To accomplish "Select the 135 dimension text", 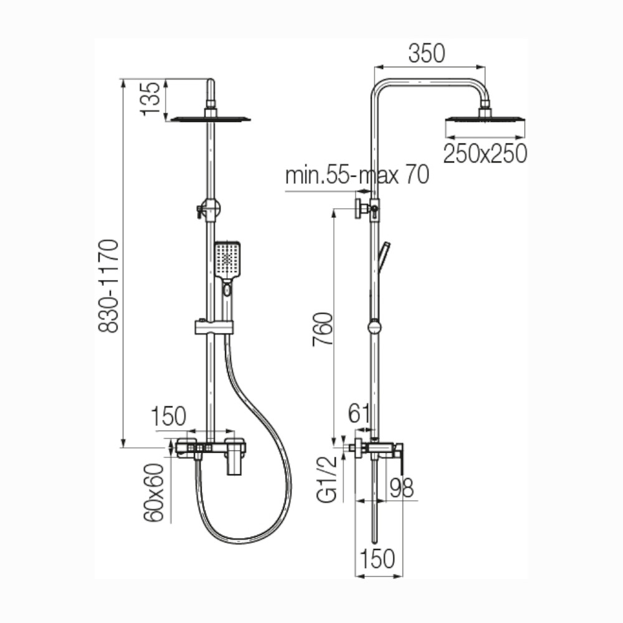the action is pos(151,99).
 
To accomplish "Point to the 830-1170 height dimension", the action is pos(108,286).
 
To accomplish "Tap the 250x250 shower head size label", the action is pos(485,154).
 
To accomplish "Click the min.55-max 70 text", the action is pos(357,175).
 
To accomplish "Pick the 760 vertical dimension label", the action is pos(322,330).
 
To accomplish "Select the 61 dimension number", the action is pos(359,414).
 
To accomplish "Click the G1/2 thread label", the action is pos(327,479).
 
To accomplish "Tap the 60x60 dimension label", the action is pos(154,493).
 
